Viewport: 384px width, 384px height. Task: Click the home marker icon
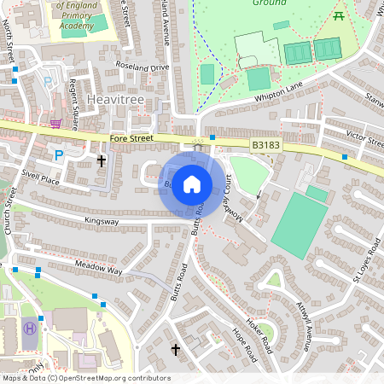192,183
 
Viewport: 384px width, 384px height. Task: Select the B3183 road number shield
266,147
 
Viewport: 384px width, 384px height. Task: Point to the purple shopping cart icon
55,123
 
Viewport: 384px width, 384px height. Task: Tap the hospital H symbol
32,327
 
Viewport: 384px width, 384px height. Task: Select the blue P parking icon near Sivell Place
59,154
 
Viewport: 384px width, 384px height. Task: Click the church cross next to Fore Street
102,160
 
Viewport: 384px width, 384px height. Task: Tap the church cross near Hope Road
176,349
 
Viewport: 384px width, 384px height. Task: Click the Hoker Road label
261,332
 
